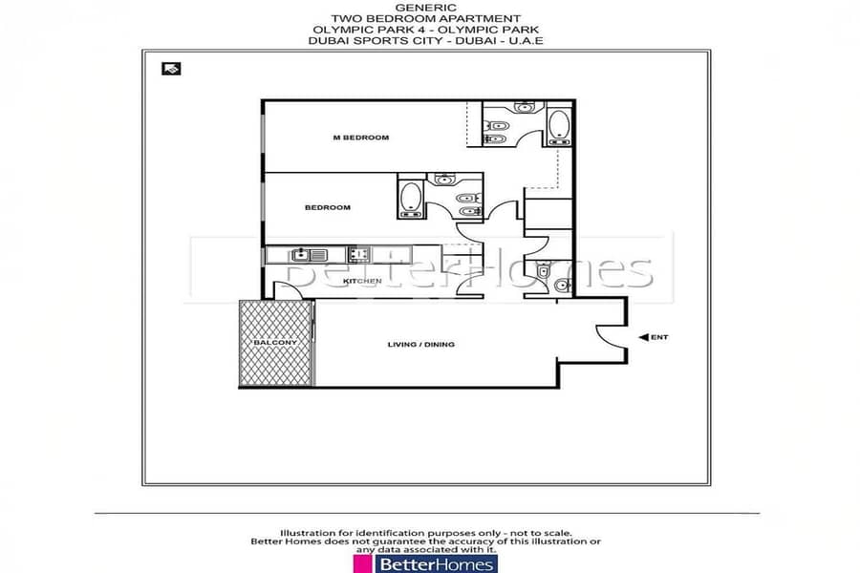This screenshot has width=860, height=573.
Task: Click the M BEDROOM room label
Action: pos(361,138)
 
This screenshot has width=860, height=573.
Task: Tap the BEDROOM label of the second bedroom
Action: pos(328,207)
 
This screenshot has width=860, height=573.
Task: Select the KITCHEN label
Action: pos(362,281)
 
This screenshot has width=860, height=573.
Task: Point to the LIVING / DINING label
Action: pos(420,345)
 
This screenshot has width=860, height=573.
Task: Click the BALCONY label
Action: pos(275,342)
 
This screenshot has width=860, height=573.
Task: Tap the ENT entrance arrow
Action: pos(644,337)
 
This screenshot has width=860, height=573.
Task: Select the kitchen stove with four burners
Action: pos(358,254)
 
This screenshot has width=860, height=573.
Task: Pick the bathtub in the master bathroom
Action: pos(559,126)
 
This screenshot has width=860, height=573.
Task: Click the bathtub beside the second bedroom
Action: pos(411,199)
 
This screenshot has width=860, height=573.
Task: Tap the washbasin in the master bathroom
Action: pos(525,107)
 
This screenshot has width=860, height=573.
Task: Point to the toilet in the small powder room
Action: pos(543,271)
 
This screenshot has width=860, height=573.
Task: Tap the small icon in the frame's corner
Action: pos(171,69)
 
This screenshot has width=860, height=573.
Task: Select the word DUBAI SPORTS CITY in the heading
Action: pos(376,40)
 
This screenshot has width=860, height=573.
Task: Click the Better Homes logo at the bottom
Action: pos(425,564)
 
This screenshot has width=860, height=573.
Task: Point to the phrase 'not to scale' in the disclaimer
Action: pos(542,533)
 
